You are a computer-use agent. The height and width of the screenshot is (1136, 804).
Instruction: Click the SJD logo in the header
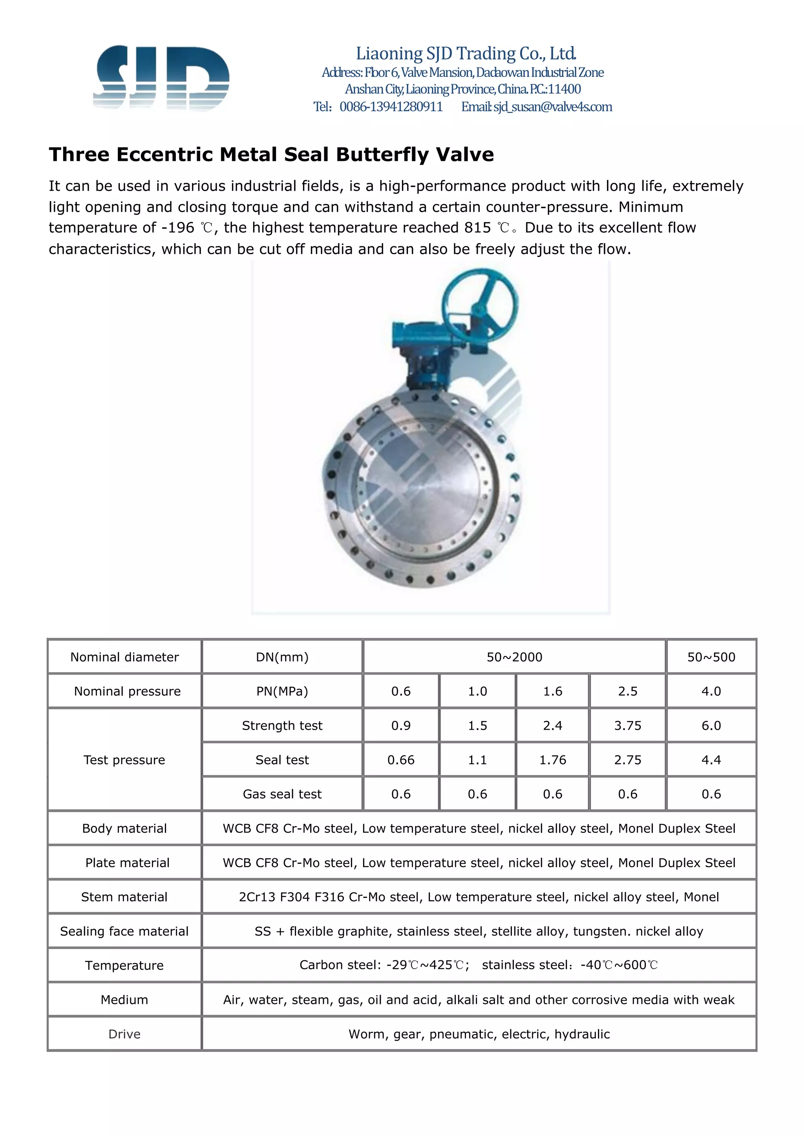161,78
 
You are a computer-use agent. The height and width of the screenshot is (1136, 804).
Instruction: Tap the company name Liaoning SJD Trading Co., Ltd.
466,53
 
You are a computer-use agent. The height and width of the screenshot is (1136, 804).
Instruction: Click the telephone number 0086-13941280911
391,107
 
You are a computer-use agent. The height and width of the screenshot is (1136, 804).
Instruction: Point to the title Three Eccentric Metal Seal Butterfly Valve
271,155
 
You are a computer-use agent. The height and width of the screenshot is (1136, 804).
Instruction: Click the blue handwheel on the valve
480,302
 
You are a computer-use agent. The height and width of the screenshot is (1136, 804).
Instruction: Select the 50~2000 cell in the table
514,657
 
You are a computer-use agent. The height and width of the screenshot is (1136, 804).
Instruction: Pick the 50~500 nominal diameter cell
711,657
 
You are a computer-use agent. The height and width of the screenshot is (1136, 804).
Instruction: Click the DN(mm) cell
282,657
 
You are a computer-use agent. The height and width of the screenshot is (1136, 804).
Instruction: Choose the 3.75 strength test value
627,725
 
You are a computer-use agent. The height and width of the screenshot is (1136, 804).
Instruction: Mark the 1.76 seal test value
552,759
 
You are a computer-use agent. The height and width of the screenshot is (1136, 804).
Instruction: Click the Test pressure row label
124,759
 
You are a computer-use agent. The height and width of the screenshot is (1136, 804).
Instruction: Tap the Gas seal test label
282,794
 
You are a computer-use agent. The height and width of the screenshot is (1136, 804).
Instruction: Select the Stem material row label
124,897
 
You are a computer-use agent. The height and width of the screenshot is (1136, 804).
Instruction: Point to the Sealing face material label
124,931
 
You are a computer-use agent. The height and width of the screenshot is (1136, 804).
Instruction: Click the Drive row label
124,1034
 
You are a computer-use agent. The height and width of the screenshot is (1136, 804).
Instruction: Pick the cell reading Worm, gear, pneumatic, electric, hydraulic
479,1034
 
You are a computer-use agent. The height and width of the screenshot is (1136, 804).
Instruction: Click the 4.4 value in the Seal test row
711,759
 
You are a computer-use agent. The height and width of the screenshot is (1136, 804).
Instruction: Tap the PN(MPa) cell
282,691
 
